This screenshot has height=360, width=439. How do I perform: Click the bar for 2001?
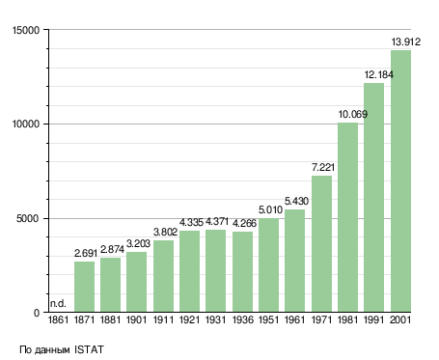(x=400, y=181)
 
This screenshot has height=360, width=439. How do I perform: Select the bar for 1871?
(x=84, y=287)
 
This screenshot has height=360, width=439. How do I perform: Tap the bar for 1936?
(x=242, y=272)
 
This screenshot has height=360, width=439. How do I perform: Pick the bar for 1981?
(x=347, y=217)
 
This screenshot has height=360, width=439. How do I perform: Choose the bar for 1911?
(x=163, y=276)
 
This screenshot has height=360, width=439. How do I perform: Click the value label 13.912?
(x=405, y=42)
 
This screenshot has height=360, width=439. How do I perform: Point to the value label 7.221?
(x=323, y=167)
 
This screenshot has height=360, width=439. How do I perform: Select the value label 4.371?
(x=217, y=222)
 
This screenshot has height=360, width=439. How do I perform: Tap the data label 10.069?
(x=352, y=114)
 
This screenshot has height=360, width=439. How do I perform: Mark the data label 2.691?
(x=86, y=254)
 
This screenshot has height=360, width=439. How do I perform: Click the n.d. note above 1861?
(x=58, y=303)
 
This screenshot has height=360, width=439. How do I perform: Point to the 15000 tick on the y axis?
(x=26, y=30)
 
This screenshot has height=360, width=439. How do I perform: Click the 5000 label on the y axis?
(x=28, y=219)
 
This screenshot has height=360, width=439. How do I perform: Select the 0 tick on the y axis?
(x=37, y=313)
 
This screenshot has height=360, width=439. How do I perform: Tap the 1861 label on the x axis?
(x=58, y=319)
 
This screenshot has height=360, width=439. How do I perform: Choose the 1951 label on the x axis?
(x=268, y=319)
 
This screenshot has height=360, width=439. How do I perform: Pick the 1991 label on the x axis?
(x=374, y=319)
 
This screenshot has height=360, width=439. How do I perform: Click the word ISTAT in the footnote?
(x=89, y=349)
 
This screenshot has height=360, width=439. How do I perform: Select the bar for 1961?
(x=294, y=261)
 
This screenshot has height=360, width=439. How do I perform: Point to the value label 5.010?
(x=270, y=210)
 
